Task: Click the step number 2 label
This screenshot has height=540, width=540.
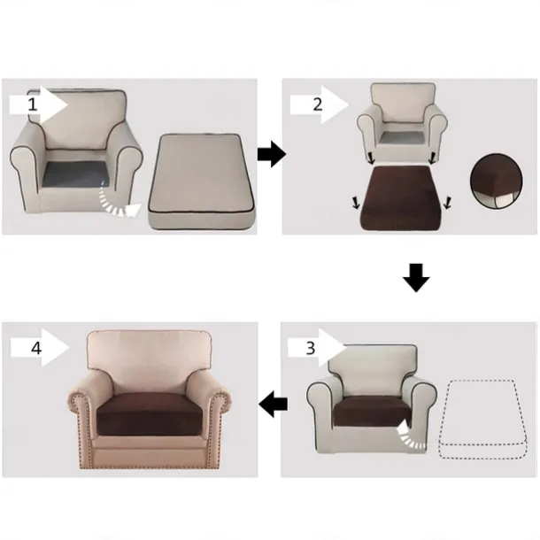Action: click(x=318, y=104)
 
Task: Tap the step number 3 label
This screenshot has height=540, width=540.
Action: click(x=311, y=348)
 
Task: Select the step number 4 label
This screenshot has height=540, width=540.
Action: click(x=36, y=348)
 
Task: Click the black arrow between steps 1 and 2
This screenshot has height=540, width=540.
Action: click(x=271, y=155)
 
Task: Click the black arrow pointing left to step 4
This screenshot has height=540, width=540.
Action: click(x=274, y=405)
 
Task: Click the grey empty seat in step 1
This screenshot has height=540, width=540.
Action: click(x=75, y=177)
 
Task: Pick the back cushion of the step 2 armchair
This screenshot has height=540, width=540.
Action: click(x=403, y=106)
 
